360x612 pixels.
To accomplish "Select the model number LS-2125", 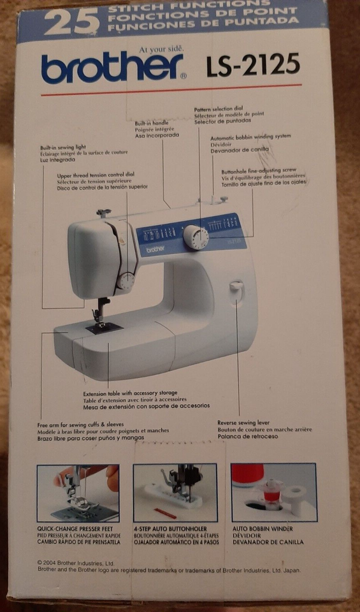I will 252,66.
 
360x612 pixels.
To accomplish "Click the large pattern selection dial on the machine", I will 196,238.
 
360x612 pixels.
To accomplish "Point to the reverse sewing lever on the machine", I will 236,288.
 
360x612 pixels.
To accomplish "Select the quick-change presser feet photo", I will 78,493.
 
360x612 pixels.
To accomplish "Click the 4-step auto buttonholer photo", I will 175,493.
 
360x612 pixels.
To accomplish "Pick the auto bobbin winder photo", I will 273,493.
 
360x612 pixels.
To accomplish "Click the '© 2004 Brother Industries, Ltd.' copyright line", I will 76,563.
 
